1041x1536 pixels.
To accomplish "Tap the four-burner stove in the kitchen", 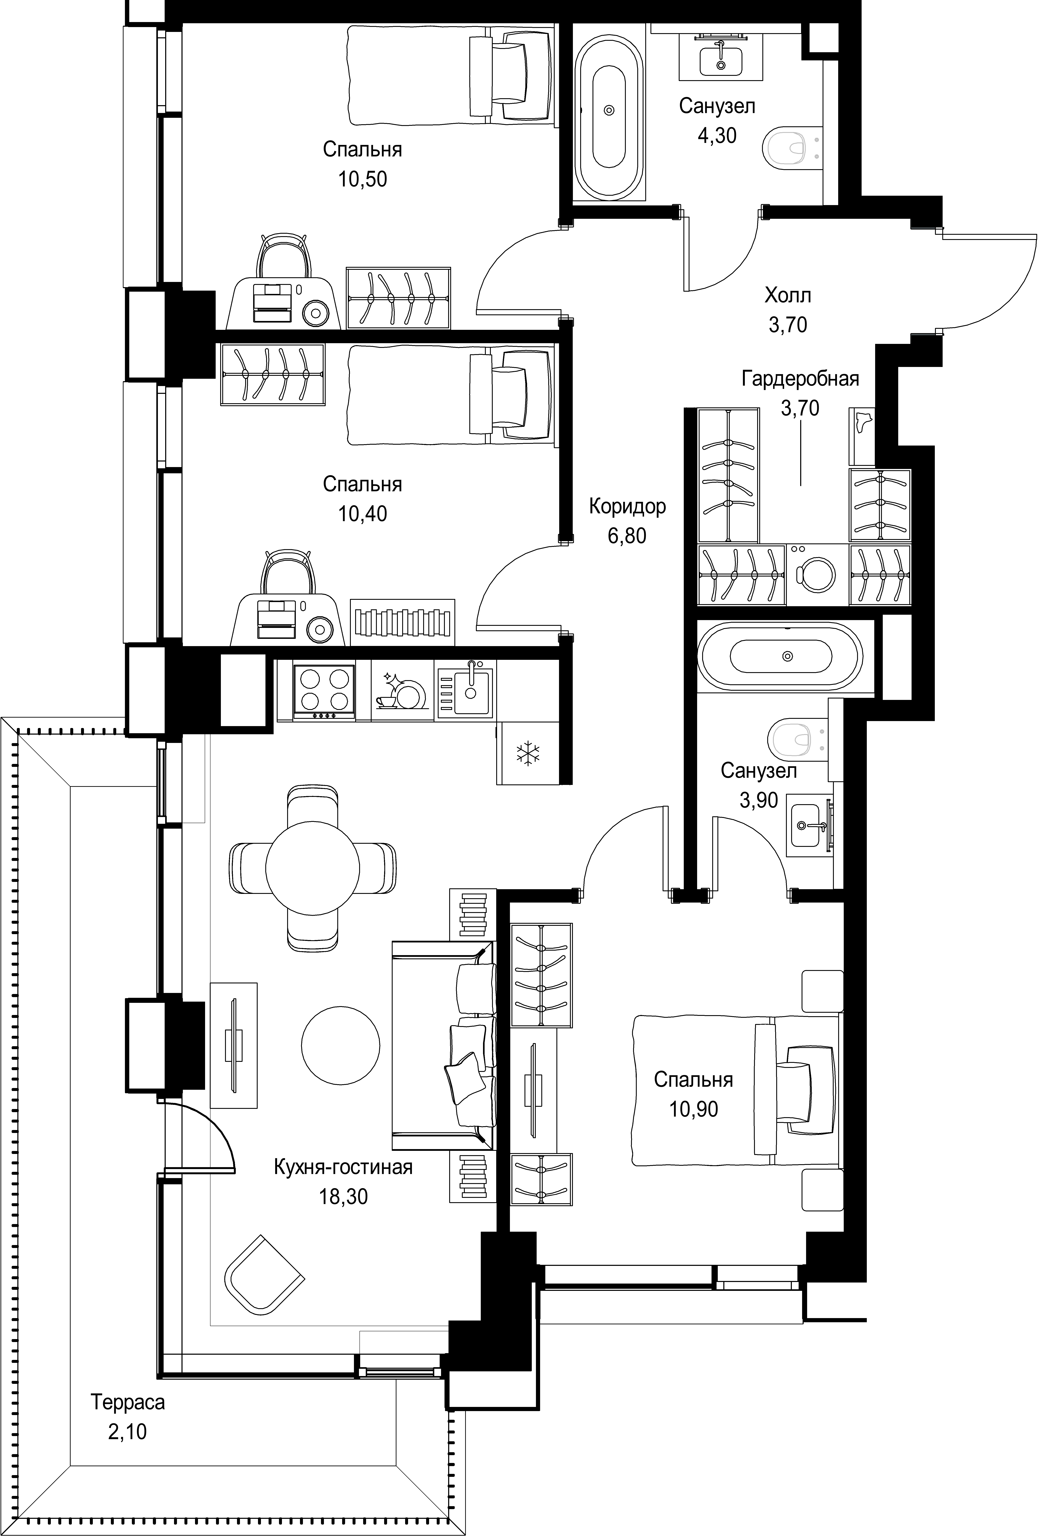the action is [323, 691].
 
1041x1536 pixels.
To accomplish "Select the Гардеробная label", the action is [800, 379].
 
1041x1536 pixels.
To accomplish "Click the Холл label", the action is [788, 295].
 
